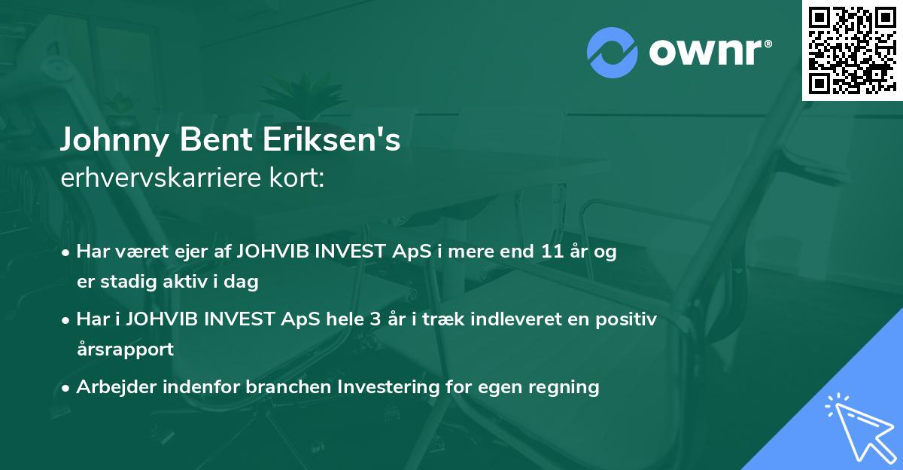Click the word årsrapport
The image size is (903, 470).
(125, 349)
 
